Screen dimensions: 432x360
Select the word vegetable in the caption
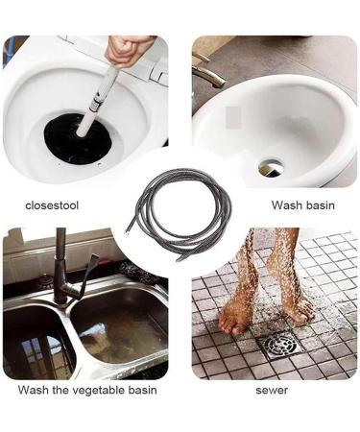(100, 390)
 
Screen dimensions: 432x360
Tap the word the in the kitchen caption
(60, 390)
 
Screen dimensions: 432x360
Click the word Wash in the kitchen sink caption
(34, 390)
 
